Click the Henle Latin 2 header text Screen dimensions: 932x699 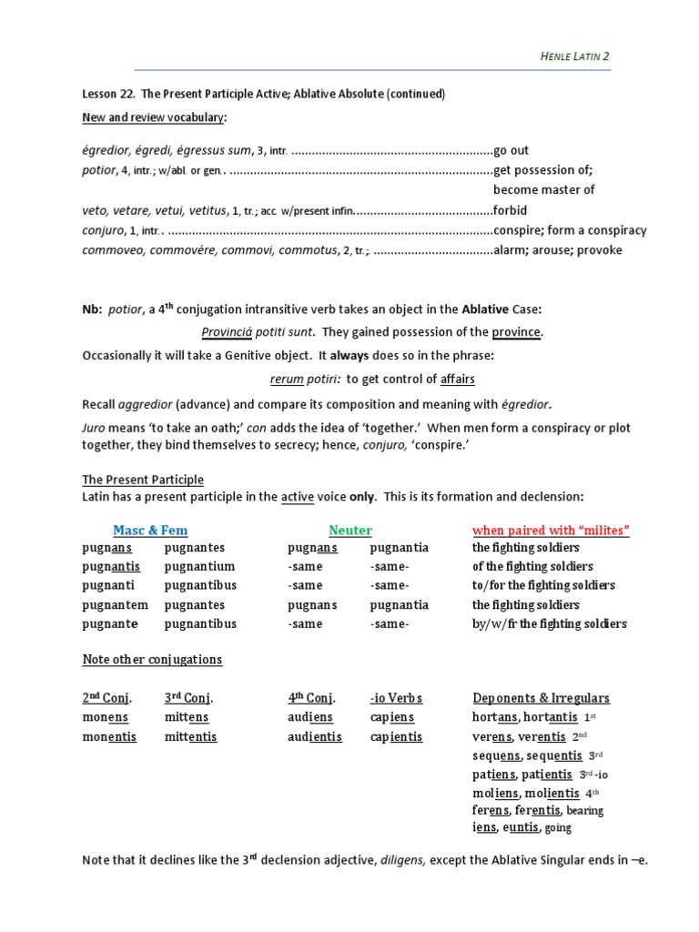tap(575, 57)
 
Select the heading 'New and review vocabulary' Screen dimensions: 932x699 tap(154, 117)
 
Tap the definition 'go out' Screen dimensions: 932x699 tap(512, 150)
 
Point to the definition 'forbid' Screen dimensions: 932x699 tap(511, 210)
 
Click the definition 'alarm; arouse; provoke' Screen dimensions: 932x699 tap(557, 250)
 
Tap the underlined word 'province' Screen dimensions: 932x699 tap(516, 332)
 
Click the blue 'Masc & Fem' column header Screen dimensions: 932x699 tap(150, 530)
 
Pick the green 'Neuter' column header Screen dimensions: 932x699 tap(350, 530)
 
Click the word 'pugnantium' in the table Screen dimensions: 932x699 tap(200, 567)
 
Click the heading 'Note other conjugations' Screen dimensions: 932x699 tap(152, 659)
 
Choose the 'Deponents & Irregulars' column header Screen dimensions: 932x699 tap(542, 698)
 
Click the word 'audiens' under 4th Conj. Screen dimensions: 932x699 tap(310, 717)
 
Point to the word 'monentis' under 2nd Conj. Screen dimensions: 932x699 tap(109, 736)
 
